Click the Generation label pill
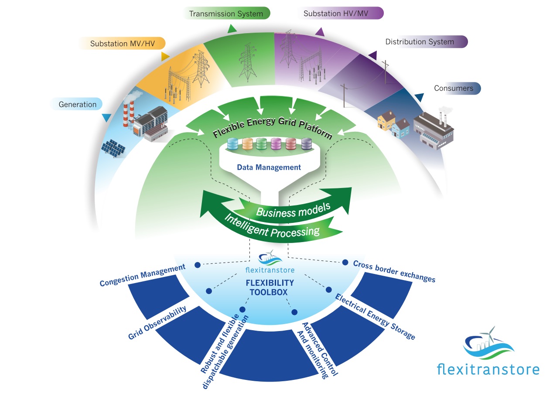pos(78,104)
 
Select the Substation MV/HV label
pos(122,44)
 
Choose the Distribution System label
pos(420,42)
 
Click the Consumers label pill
pos(454,88)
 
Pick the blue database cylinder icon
pos(233,144)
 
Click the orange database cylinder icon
pos(248,144)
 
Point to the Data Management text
pos(269,167)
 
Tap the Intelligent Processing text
pos(272,226)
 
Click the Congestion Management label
pos(143,276)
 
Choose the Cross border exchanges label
pos(394,271)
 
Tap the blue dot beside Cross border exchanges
pos(345,263)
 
